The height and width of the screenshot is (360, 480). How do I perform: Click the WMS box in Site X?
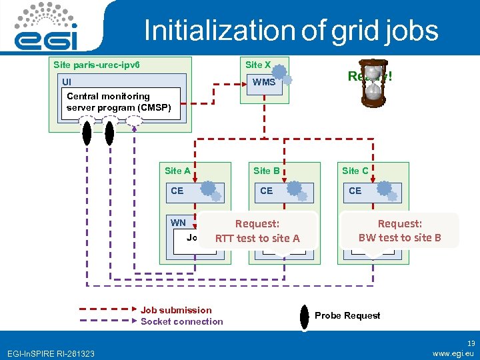264,82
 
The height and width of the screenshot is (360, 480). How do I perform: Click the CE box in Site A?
195,191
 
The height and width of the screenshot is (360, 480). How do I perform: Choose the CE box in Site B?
284,191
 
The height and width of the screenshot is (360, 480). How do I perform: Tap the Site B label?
267,171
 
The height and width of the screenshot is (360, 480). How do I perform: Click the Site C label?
355,171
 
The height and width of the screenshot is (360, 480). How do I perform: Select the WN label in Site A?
178,222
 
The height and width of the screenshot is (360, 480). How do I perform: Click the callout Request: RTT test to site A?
257,231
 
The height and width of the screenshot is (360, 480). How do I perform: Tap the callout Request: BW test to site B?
400,230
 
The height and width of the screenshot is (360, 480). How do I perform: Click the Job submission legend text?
176,310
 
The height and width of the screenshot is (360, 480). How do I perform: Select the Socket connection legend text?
181,321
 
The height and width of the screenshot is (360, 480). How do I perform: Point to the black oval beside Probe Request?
304,316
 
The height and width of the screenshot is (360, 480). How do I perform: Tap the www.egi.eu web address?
453,353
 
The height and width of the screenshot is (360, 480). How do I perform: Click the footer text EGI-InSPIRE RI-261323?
50,353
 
